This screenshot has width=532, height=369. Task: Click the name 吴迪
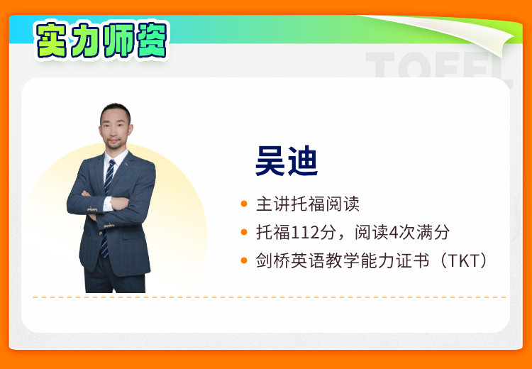click(287, 161)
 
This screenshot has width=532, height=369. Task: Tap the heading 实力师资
click(101, 40)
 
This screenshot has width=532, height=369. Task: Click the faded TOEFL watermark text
click(438, 65)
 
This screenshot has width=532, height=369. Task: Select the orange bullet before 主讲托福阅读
click(244, 204)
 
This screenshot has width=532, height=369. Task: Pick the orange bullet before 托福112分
click(244, 232)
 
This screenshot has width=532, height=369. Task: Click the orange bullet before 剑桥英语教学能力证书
click(244, 260)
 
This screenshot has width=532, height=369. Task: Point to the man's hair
click(116, 111)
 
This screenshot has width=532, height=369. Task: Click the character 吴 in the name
click(270, 161)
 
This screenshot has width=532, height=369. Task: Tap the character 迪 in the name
click(303, 161)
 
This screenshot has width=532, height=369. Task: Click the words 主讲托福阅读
click(308, 204)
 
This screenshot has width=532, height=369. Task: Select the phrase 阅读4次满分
click(402, 233)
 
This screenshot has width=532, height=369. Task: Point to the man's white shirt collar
click(116, 158)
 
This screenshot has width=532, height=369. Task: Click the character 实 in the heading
click(52, 40)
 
